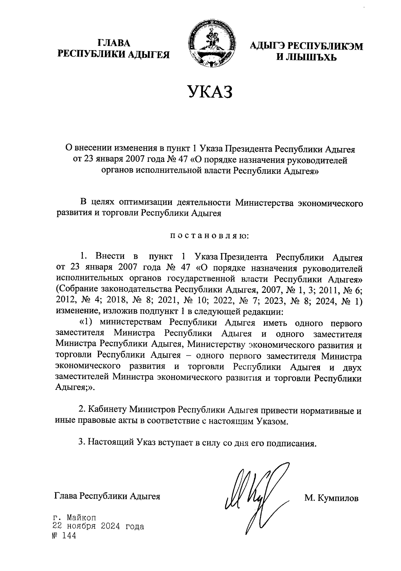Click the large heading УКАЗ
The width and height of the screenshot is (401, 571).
(210, 92)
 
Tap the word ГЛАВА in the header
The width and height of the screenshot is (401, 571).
(114, 43)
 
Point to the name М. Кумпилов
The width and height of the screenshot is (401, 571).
(331, 498)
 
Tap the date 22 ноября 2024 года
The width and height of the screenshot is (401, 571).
(99, 527)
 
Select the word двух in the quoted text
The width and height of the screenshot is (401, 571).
(353, 367)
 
